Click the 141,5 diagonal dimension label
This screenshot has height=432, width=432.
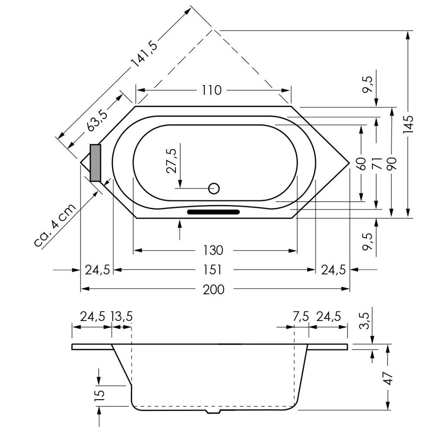pyautogui.click(x=145, y=54)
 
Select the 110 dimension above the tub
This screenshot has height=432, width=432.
pyautogui.click(x=212, y=90)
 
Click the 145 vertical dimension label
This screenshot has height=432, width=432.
pyautogui.click(x=408, y=124)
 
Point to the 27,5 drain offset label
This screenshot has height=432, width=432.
pyautogui.click(x=172, y=161)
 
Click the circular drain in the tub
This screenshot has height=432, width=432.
pyautogui.click(x=214, y=189)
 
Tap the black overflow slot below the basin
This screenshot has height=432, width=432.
pyautogui.click(x=213, y=212)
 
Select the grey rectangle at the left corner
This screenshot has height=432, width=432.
pyautogui.click(x=95, y=163)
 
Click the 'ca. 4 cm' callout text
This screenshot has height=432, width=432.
pyautogui.click(x=55, y=225)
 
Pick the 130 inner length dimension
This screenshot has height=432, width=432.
pyautogui.click(x=213, y=250)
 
